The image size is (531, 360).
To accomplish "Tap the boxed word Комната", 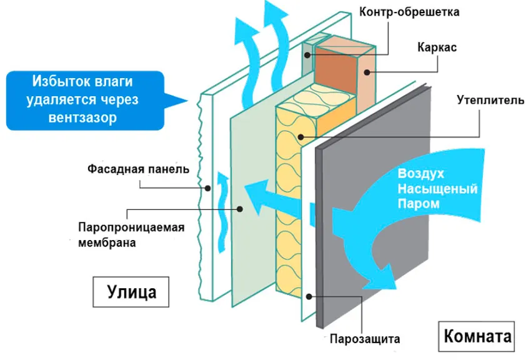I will pyautogui.click(x=478, y=337).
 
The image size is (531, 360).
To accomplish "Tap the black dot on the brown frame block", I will pyautogui.click(x=368, y=72).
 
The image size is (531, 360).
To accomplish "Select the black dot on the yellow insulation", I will pyautogui.click(x=300, y=137).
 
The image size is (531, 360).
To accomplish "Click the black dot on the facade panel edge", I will pyautogui.click(x=206, y=187).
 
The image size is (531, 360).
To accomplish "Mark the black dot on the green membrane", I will pyautogui.click(x=239, y=209).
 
